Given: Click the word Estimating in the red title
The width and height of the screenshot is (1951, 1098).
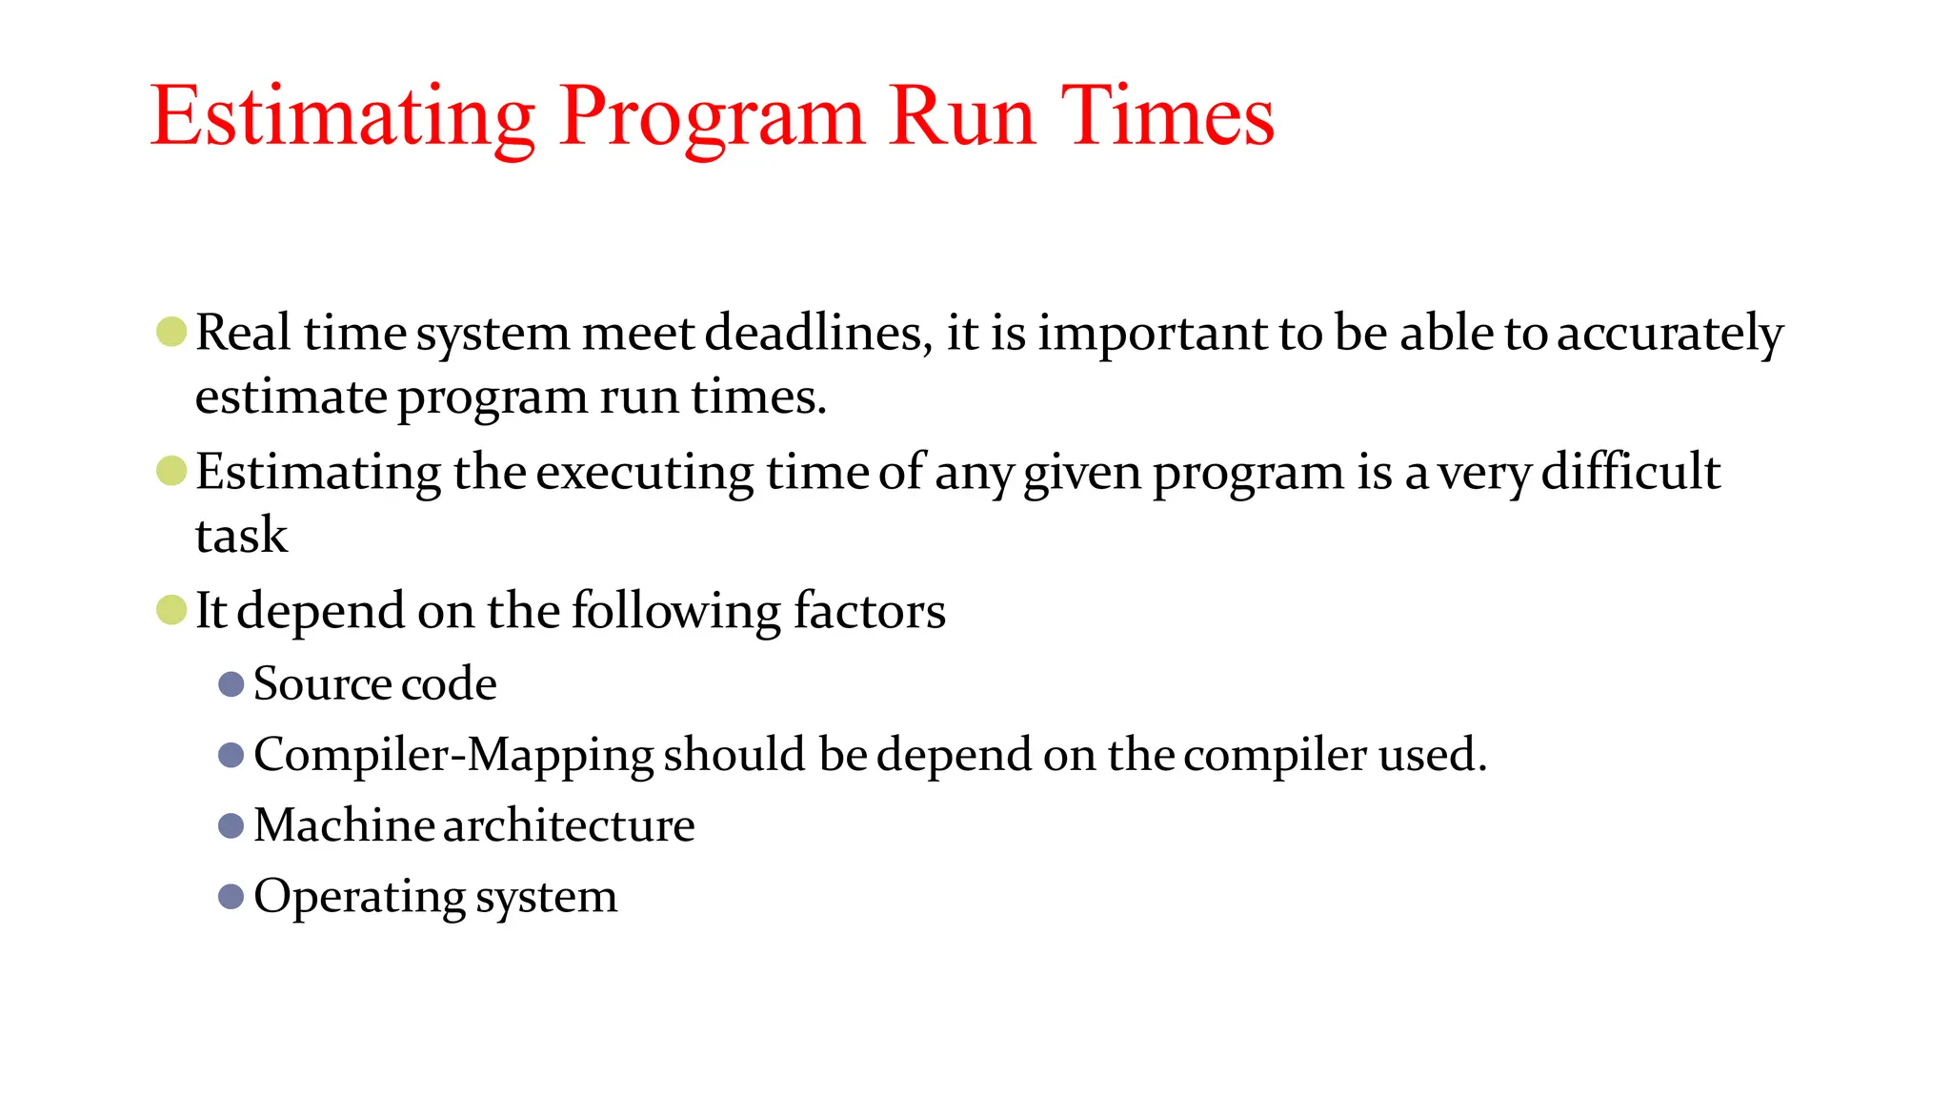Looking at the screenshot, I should pyautogui.click(x=343, y=116).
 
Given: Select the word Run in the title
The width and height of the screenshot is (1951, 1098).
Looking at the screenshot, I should pyautogui.click(x=961, y=116).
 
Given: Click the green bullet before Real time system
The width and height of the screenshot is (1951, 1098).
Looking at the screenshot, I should pyautogui.click(x=171, y=332).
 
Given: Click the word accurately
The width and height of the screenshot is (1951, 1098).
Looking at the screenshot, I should pyautogui.click(x=1669, y=333).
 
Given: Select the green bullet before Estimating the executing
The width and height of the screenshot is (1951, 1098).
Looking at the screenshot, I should pyautogui.click(x=171, y=471).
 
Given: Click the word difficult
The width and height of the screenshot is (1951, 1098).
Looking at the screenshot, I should pyautogui.click(x=1630, y=471).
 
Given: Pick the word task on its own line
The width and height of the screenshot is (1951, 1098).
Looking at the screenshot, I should pyautogui.click(x=241, y=535).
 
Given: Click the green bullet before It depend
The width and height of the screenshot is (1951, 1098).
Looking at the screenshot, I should pyautogui.click(x=171, y=610).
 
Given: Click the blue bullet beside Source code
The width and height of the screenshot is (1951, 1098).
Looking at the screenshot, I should pyautogui.click(x=231, y=684).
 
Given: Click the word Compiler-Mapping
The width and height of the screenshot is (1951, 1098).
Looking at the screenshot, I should pyautogui.click(x=453, y=755).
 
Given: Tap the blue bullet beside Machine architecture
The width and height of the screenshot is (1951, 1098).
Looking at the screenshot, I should pyautogui.click(x=231, y=825).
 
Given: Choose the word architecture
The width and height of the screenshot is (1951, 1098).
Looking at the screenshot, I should pyautogui.click(x=569, y=825).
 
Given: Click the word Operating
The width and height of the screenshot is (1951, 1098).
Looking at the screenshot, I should pyautogui.click(x=359, y=897).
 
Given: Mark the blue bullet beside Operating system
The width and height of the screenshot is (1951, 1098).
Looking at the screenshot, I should pyautogui.click(x=231, y=897).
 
